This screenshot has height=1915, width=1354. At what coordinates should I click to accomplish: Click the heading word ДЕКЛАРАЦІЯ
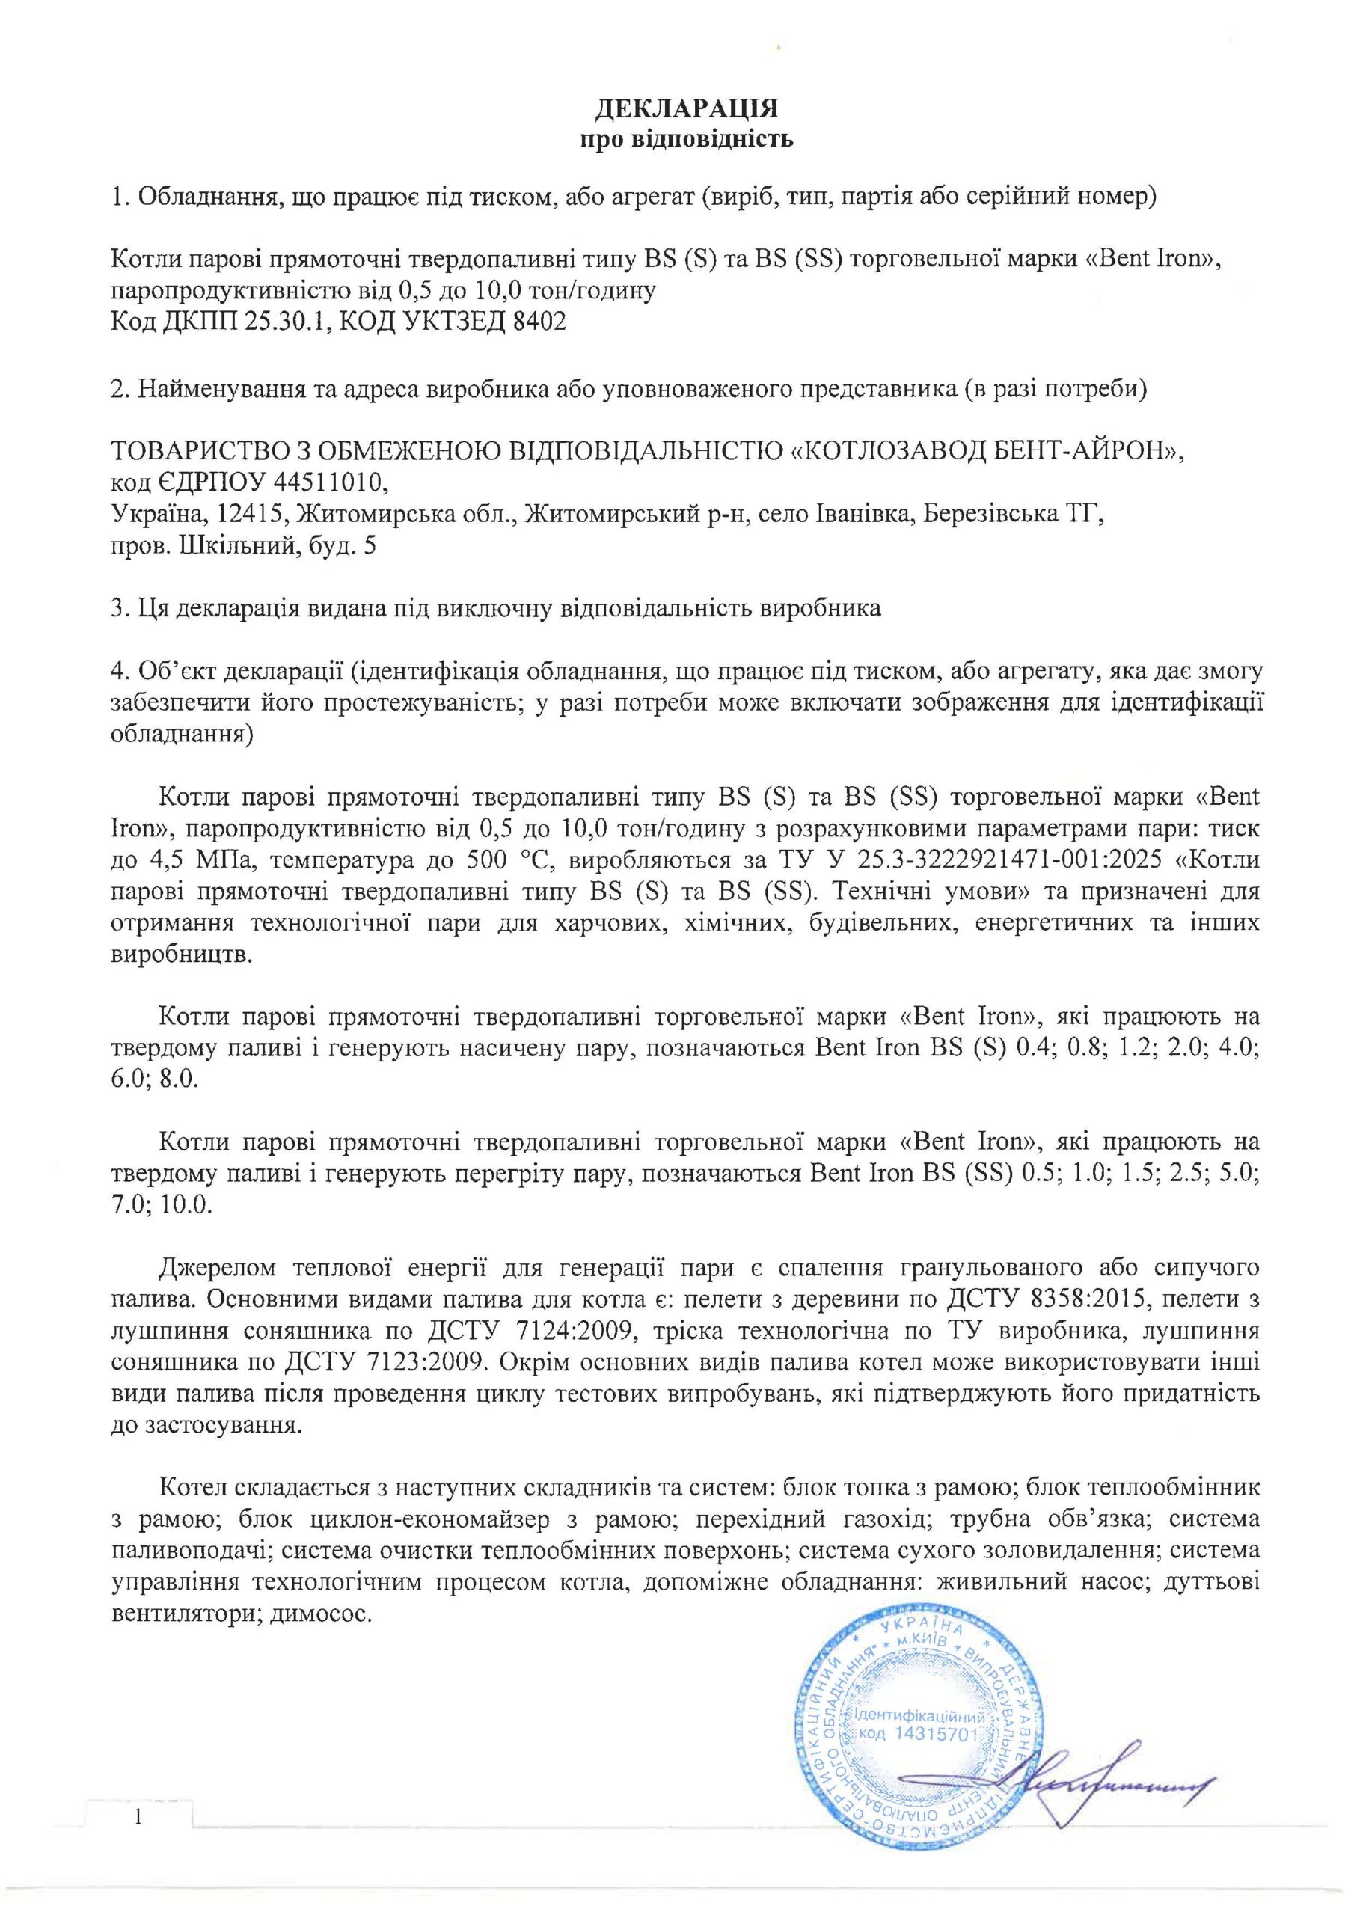click(686, 108)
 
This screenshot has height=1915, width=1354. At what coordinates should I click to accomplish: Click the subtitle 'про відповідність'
click(686, 138)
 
